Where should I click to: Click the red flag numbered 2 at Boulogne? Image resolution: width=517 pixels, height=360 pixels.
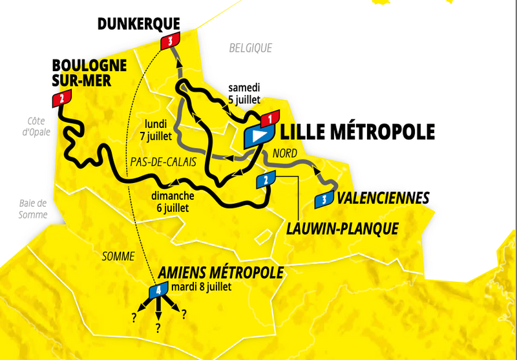point(61,98)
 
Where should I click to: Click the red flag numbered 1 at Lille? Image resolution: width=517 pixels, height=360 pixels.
point(269,118)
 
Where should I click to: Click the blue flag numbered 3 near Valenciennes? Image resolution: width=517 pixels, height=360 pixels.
point(324,200)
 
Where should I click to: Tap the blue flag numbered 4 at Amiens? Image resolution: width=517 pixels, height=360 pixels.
point(158,290)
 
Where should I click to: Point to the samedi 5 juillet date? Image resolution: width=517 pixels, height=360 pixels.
point(244,94)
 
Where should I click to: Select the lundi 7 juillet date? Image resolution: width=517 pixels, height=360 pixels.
point(157,130)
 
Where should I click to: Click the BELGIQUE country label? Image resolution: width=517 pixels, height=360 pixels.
point(251,48)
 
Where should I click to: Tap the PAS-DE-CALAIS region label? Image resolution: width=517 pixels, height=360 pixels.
point(163,162)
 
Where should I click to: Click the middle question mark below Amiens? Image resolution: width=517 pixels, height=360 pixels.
point(158,328)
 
